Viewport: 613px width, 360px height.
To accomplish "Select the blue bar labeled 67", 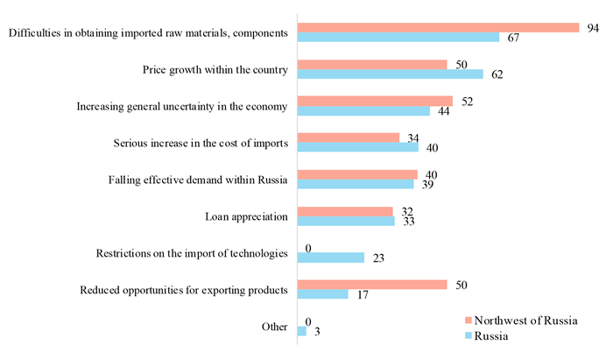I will pos(398,38).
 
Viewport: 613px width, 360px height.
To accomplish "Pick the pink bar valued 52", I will pos(375,101).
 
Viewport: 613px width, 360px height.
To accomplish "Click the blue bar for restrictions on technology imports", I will pos(331,258).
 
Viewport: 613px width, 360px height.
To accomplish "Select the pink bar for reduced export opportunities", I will pos(372,285).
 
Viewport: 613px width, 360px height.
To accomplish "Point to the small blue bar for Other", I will pos(302,331).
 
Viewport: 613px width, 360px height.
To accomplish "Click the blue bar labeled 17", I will pos(322,294).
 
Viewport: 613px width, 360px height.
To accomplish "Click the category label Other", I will pos(274,326).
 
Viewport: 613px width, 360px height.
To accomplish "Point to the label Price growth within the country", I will pos(215,69).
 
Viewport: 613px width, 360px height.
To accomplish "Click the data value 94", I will pos(594,28).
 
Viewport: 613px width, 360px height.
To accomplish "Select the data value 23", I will pos(377,258).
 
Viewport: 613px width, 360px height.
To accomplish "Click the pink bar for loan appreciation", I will pos(345,211).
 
